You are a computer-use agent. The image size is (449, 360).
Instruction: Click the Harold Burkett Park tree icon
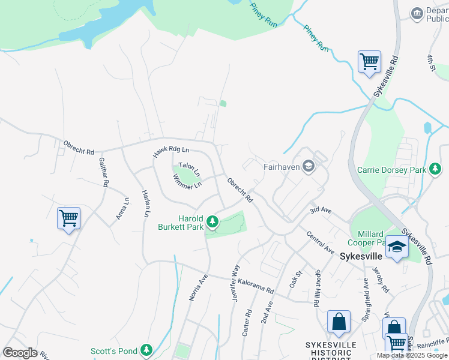(212, 222)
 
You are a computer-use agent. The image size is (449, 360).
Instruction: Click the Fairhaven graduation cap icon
(309, 166)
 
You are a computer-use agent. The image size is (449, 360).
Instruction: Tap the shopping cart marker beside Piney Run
(369, 61)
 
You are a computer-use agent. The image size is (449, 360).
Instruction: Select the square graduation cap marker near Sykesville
(396, 247)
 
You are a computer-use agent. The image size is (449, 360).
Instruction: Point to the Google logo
(20, 353)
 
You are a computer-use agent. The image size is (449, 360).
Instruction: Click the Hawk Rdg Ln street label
(170, 153)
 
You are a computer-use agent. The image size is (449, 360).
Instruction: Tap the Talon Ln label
(189, 169)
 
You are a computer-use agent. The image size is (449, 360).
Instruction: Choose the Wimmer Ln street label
(187, 182)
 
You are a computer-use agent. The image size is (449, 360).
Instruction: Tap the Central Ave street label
(320, 242)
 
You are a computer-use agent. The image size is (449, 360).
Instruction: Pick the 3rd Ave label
(321, 210)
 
